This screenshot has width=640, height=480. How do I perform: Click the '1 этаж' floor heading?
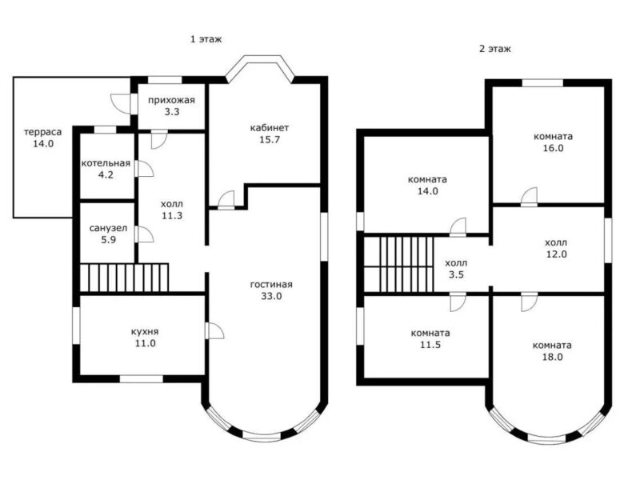point(206,39)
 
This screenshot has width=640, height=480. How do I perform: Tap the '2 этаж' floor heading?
point(494,49)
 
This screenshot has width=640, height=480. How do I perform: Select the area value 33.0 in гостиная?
point(271,296)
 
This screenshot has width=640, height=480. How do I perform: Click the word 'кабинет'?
point(270,128)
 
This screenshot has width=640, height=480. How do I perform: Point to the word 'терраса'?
point(43,132)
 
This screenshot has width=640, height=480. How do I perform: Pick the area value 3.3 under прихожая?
point(172,111)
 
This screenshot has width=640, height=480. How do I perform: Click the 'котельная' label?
point(106,163)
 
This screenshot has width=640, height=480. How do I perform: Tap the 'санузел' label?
point(108,228)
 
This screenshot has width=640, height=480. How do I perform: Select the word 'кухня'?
point(145,332)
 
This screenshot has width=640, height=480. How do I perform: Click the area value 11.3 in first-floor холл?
point(172,215)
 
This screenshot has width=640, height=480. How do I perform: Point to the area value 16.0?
point(553,148)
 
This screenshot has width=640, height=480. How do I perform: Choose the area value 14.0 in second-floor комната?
point(427,190)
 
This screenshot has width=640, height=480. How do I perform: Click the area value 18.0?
point(552,357)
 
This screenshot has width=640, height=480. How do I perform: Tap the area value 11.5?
point(430,345)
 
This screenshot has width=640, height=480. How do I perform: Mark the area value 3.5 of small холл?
point(456,274)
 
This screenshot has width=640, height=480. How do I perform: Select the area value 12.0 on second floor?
point(556,254)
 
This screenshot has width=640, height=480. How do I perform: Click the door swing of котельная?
point(144,169)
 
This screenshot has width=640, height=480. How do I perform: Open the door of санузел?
point(144,234)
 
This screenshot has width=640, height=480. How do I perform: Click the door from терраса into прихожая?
point(121,104)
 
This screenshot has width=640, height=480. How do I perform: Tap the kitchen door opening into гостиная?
point(215,330)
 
